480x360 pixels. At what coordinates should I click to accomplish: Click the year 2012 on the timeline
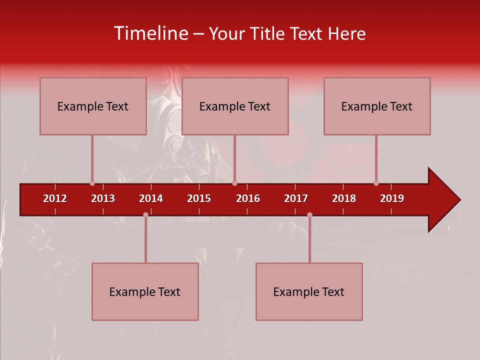[x=55, y=198]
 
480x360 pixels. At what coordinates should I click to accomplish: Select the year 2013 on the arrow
[x=103, y=198]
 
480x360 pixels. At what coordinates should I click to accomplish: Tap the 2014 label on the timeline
[x=151, y=198]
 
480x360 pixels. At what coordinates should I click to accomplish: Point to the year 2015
[x=199, y=198]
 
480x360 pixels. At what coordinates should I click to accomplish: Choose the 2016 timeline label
[x=248, y=198]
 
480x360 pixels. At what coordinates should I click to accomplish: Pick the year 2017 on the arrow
[x=296, y=198]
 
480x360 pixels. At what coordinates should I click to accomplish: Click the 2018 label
[x=344, y=198]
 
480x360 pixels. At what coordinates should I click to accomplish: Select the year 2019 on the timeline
[x=392, y=198]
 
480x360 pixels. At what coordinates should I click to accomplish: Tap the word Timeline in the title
[x=150, y=33]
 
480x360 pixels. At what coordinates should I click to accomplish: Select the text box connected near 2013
[x=93, y=106]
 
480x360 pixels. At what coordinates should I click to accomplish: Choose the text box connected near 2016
[x=235, y=106]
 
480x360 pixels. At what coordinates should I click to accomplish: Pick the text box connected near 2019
[x=377, y=106]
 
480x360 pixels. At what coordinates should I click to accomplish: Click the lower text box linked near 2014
[x=145, y=291]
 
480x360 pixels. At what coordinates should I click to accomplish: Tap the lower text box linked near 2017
[x=309, y=291]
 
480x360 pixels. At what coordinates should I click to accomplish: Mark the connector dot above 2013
[x=92, y=183]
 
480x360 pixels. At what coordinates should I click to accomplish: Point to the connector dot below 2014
[x=145, y=214]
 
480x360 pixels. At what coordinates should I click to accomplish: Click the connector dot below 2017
[x=309, y=214]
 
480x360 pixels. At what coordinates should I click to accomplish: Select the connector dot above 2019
[x=376, y=183]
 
